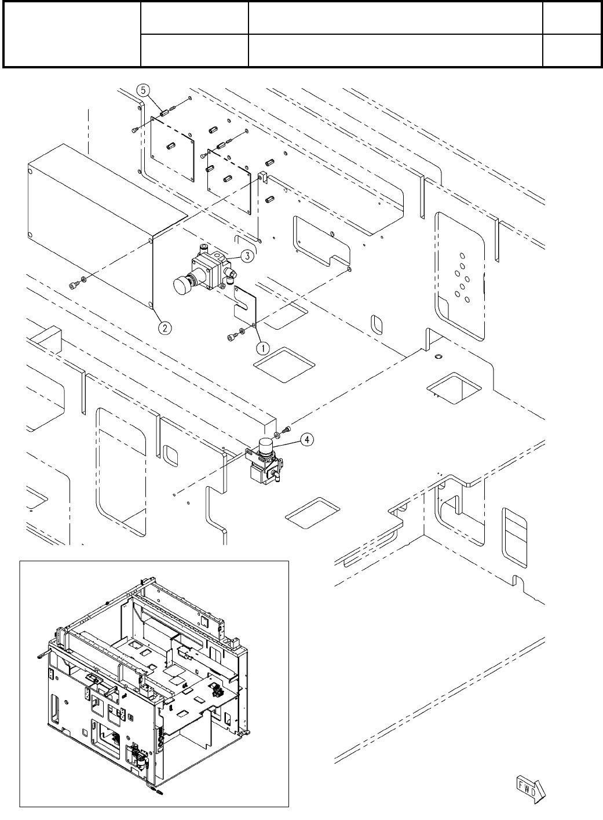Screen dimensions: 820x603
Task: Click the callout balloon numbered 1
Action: [x=262, y=348]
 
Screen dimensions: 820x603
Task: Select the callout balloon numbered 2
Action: [x=165, y=328]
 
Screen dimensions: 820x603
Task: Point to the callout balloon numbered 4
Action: [x=307, y=439]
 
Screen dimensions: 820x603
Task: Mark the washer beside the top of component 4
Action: [x=279, y=433]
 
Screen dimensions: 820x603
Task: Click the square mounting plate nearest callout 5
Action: [x=171, y=148]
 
